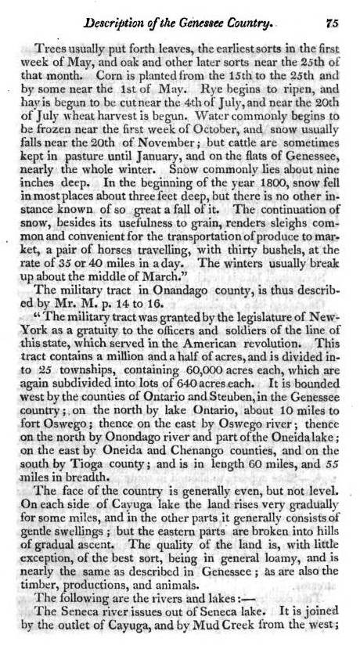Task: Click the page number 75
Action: (337, 22)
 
